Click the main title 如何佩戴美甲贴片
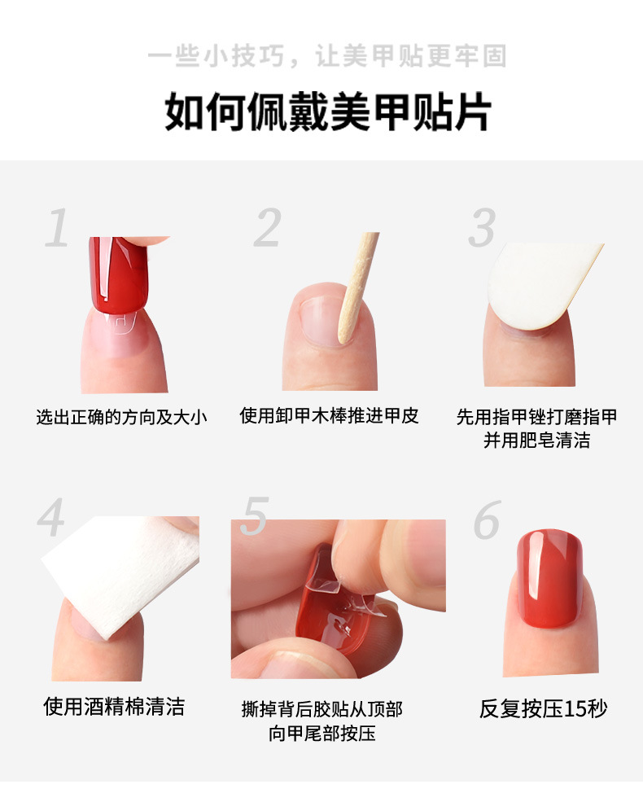pos(328,113)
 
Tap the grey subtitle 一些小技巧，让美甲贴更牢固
pos(327,56)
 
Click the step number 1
pos(57,228)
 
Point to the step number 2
pos(267,228)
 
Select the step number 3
pos(483,228)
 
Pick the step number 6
pos(487,519)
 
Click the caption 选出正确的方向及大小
pos(122,418)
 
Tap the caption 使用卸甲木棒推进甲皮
pos(329,416)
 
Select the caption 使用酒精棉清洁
pos(114,706)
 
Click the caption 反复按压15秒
pos(543,708)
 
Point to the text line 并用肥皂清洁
pos(537,440)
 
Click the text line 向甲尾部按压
pos(322,733)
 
